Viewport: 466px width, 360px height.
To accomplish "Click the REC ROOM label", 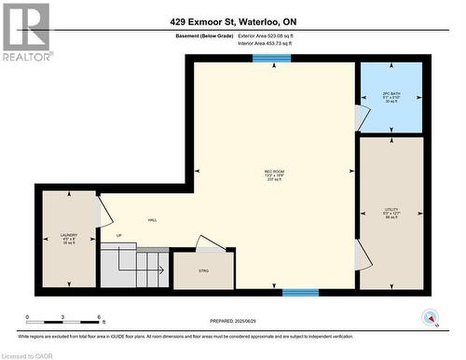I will (x=274, y=172).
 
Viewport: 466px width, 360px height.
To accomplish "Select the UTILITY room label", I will (x=391, y=212).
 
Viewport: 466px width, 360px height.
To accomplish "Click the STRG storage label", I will (x=204, y=270).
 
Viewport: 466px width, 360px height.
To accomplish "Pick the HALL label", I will (x=152, y=221).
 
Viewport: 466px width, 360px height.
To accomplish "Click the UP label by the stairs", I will (x=118, y=235).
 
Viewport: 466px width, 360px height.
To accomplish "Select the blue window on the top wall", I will (x=271, y=58).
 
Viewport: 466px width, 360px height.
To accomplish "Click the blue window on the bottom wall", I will (x=301, y=292).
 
